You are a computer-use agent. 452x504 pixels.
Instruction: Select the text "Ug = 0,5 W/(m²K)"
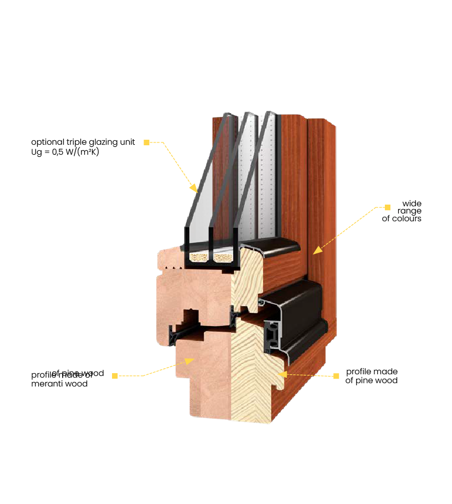click(x=65, y=152)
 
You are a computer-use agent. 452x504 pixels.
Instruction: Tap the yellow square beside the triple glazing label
click(x=146, y=142)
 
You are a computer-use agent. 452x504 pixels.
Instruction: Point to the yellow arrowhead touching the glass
click(x=193, y=187)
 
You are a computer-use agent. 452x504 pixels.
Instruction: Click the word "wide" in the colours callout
click(x=412, y=203)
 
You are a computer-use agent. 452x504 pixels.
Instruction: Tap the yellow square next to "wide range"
click(x=388, y=207)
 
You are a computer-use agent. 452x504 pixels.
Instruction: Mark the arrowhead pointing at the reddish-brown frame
click(x=317, y=250)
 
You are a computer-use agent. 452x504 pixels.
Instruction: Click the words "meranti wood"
click(x=59, y=384)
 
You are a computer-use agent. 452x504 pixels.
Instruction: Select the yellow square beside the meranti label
click(x=115, y=376)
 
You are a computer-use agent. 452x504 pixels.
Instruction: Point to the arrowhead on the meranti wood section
click(x=189, y=361)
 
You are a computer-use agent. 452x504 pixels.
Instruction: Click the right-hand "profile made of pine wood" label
click(x=372, y=376)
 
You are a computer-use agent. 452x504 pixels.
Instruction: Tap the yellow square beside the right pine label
click(x=336, y=376)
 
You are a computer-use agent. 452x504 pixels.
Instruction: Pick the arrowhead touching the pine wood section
click(x=281, y=374)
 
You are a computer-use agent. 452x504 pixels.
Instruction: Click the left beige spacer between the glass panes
click(x=199, y=257)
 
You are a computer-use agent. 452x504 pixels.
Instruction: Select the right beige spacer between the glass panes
click(x=225, y=258)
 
